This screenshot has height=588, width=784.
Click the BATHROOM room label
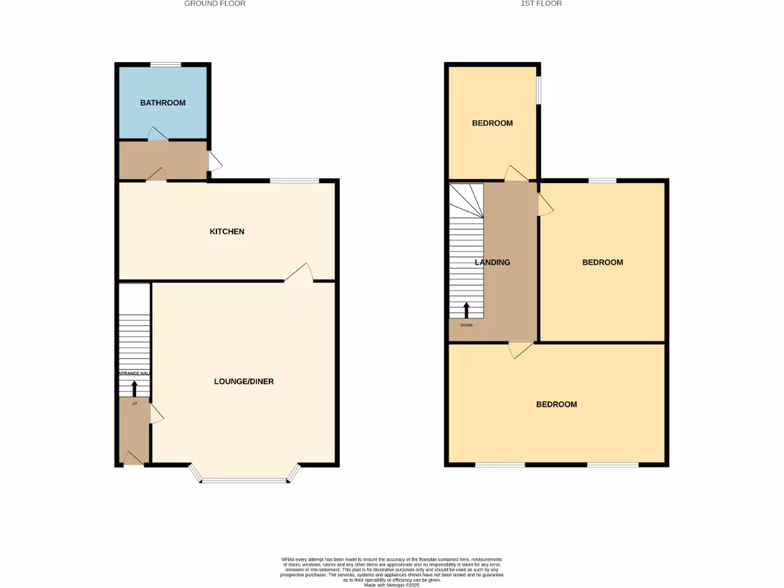(x=162, y=103)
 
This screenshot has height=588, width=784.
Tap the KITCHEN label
(x=227, y=231)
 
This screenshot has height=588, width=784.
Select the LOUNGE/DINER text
(x=243, y=381)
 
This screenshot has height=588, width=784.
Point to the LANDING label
(x=492, y=263)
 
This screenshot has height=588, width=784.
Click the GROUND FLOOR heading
(x=215, y=4)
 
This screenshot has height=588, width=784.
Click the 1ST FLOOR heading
(x=542, y=4)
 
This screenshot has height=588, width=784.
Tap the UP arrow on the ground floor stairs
(x=135, y=388)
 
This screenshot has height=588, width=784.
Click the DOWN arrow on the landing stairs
(x=466, y=310)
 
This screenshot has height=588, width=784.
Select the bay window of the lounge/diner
(x=244, y=479)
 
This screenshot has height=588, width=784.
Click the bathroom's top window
(x=165, y=64)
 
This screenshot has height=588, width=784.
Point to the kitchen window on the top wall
(x=295, y=181)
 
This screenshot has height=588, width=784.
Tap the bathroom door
(x=157, y=135)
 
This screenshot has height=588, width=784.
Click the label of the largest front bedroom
(x=557, y=404)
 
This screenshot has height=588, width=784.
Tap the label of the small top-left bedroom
(x=492, y=123)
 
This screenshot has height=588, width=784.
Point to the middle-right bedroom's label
(x=603, y=263)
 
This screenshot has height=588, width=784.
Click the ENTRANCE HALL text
(x=133, y=374)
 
